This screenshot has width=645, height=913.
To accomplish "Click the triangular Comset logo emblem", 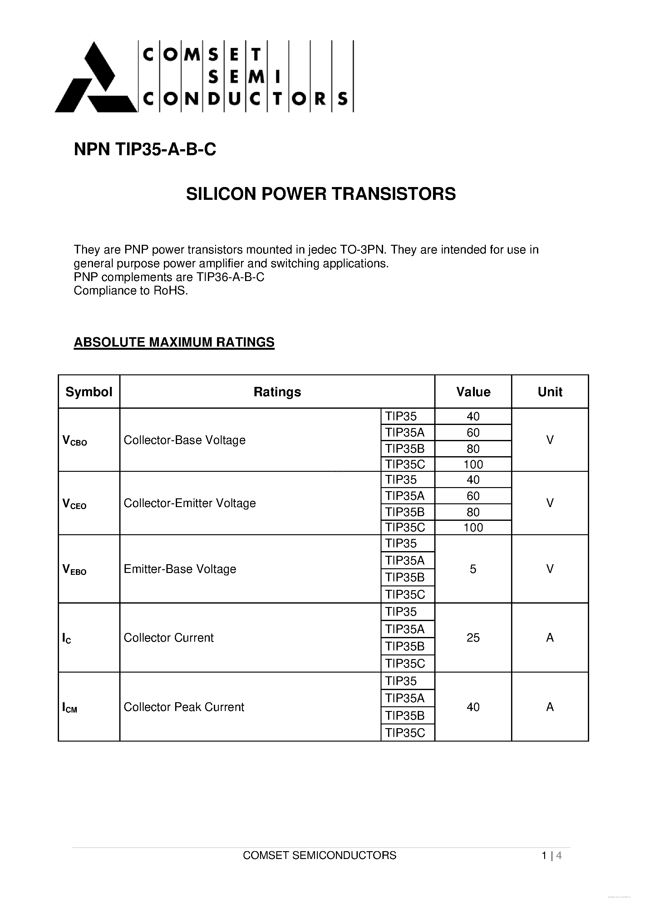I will point(96,80).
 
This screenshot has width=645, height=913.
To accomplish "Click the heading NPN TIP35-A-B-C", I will point(145,150).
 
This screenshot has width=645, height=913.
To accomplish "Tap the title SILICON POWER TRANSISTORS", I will point(321,194).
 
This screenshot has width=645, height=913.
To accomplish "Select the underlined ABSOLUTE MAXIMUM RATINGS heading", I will point(174,342).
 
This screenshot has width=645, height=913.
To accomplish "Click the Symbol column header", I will point(89,392).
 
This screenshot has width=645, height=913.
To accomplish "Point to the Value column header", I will point(473,392).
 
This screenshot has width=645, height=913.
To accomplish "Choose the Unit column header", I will point(549,392).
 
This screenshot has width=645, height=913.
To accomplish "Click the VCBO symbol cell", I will point(75,441).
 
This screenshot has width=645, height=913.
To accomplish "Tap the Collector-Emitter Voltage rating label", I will point(190,503).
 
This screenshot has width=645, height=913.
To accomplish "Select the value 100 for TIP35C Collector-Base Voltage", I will point(473,464).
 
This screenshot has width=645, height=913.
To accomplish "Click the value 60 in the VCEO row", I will point(473,496).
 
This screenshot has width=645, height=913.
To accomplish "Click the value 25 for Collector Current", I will point(473,638).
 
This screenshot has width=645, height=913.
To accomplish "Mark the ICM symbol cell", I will point(70,708).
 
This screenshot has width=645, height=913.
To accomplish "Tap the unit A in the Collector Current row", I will point(549,638).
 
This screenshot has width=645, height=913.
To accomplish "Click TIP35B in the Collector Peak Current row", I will point(405,716).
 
